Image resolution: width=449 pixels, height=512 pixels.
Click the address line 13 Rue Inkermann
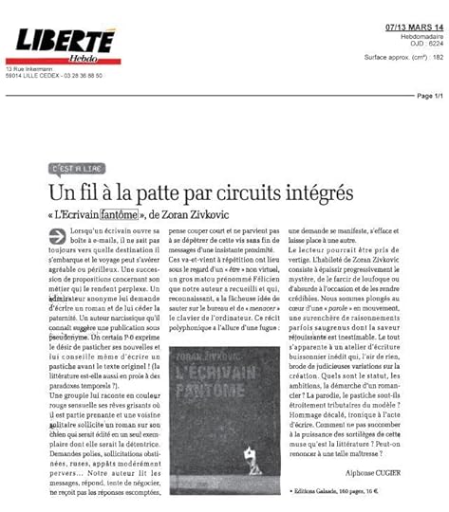[28, 70]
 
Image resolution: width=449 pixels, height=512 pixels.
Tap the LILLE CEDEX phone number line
[53, 77]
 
